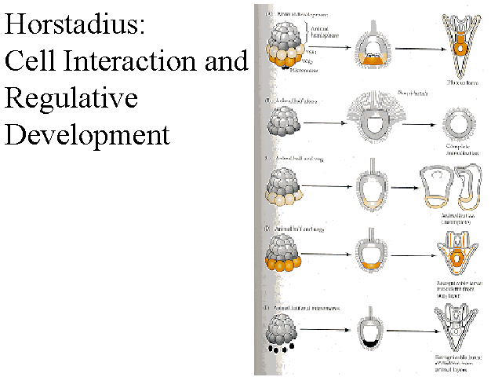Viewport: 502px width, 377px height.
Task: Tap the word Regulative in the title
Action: (x=71, y=98)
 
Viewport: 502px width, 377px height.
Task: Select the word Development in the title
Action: (x=87, y=134)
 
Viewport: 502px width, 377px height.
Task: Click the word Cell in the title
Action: (x=32, y=62)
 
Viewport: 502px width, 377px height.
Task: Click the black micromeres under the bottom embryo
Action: (x=280, y=346)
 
